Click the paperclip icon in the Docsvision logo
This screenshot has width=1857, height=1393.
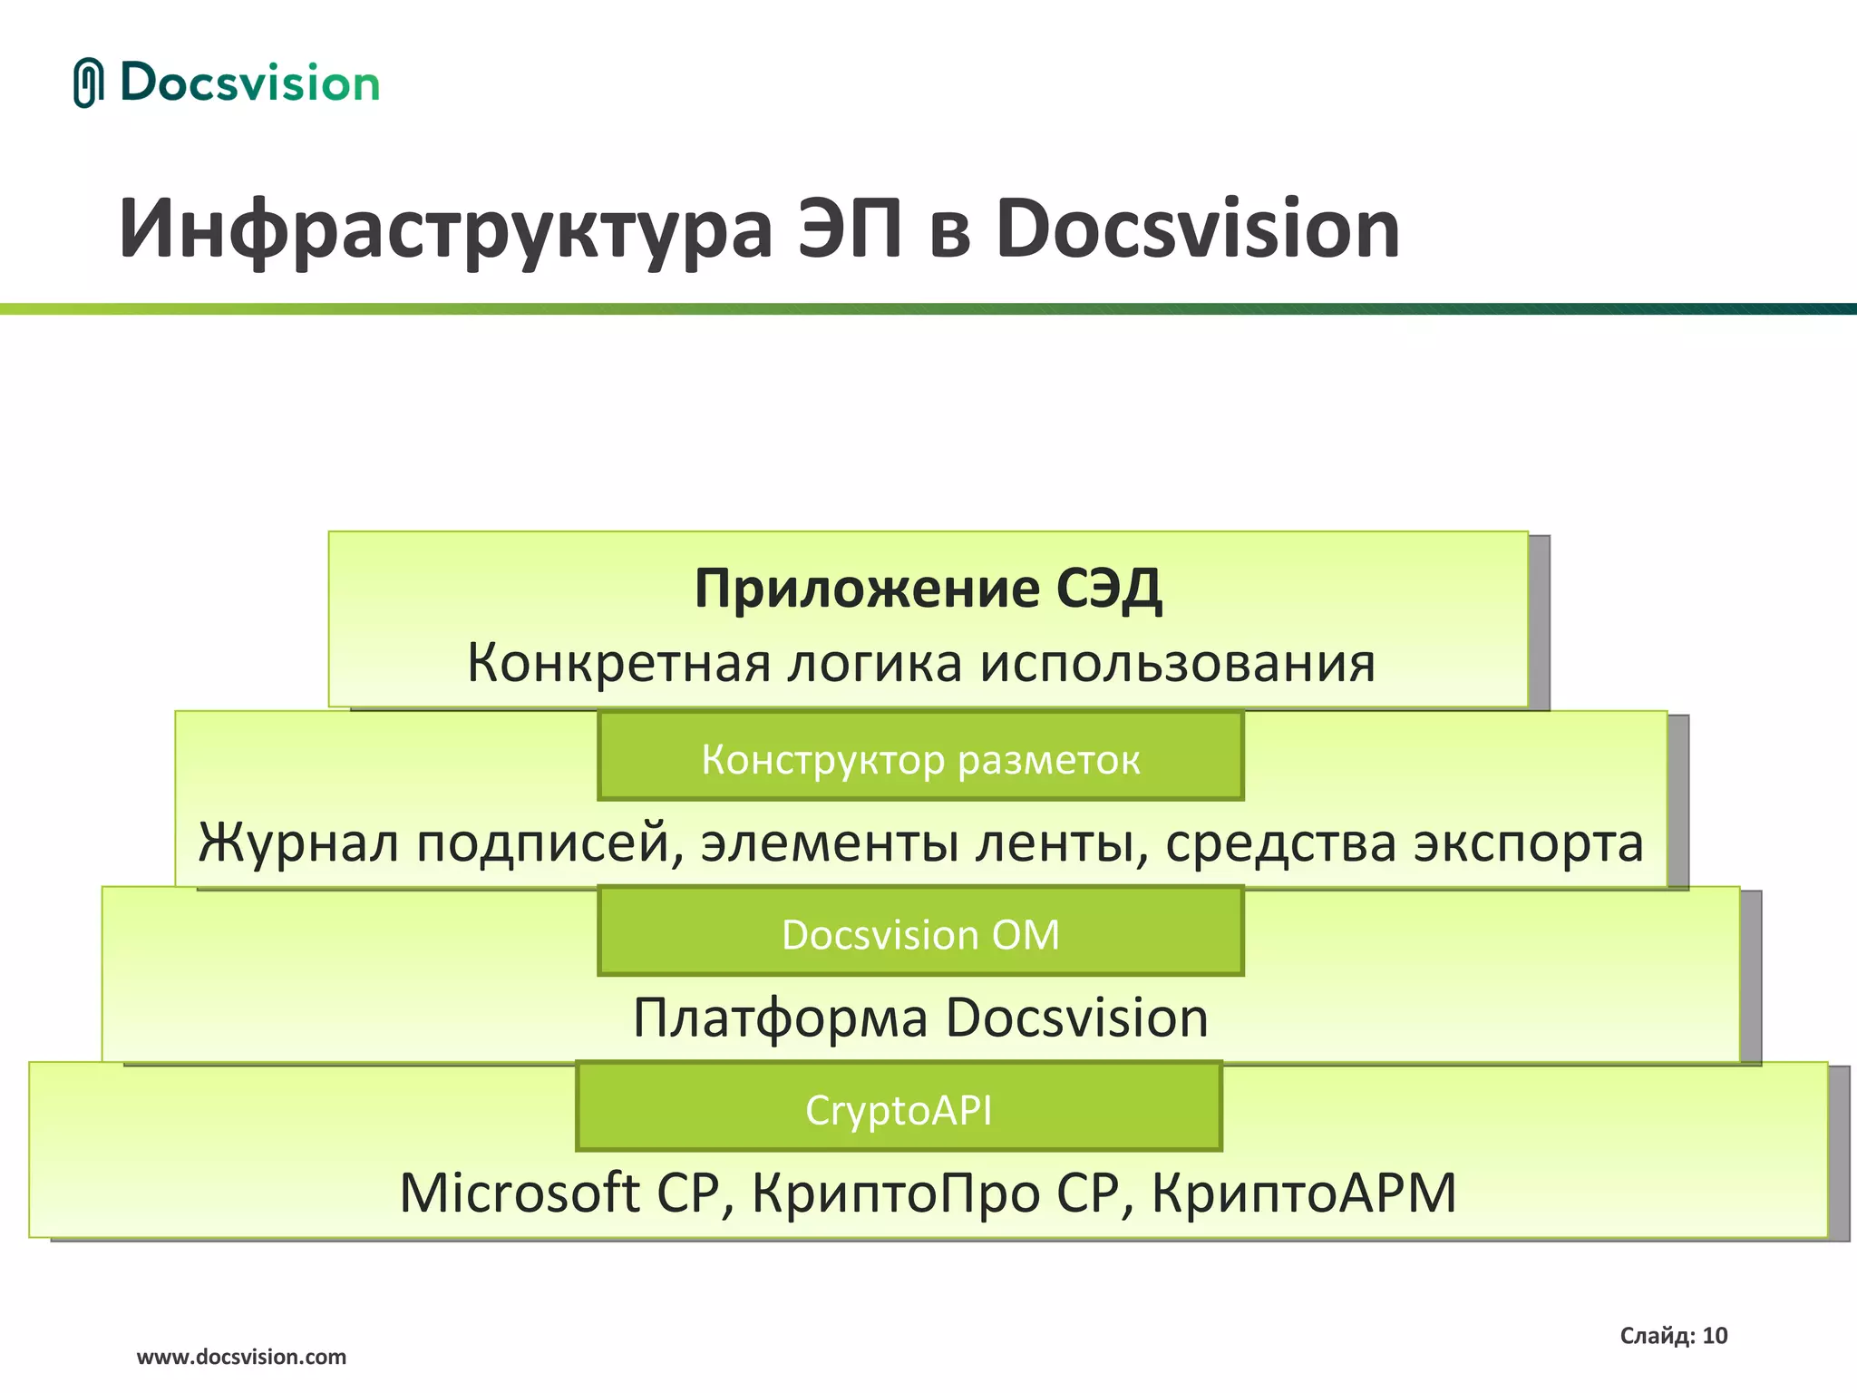tap(88, 83)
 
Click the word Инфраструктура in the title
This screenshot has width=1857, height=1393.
tap(444, 231)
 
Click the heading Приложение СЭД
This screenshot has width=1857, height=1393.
tap(928, 589)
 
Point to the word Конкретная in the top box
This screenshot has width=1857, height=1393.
tap(617, 663)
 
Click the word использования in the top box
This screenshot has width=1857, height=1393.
tap(1178, 663)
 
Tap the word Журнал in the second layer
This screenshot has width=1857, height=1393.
tap(298, 843)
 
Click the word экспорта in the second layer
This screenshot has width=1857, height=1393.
tap(1529, 843)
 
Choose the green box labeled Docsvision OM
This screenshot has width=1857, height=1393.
tap(920, 933)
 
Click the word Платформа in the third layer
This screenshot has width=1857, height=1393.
tap(780, 1018)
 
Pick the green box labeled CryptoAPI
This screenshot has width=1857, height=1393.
tap(899, 1108)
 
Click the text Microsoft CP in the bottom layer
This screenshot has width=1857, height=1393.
tap(559, 1193)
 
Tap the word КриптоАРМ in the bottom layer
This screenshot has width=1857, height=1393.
tap(1304, 1193)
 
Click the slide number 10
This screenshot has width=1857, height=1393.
tap(1715, 1336)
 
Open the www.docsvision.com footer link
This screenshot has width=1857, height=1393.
tap(241, 1357)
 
